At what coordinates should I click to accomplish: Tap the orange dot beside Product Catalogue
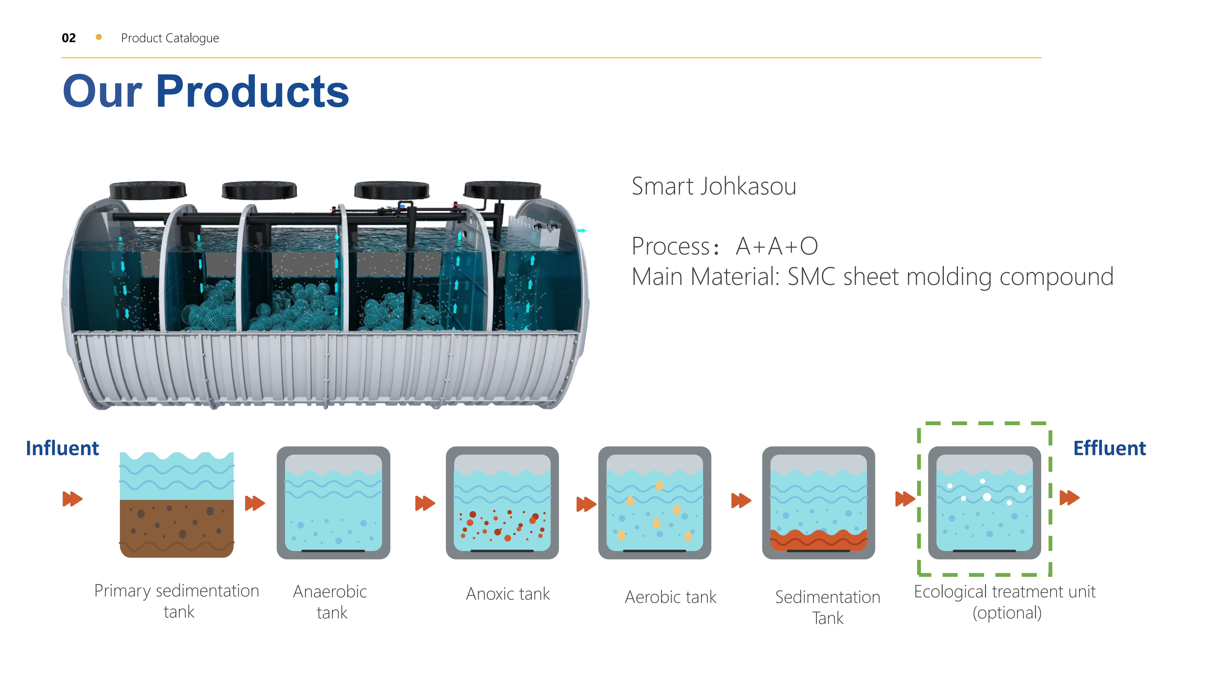tap(99, 37)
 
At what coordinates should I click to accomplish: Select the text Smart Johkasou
tap(714, 186)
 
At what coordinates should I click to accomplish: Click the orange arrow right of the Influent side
tap(73, 499)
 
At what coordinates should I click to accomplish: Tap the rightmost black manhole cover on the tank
tap(502, 190)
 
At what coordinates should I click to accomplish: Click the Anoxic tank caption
tap(508, 594)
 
